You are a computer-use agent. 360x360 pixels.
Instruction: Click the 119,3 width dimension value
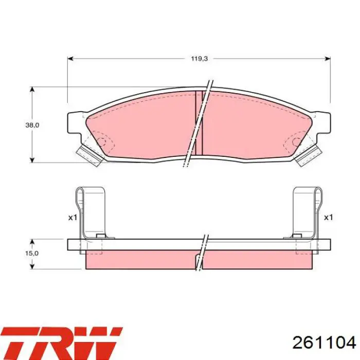pyautogui.click(x=200, y=59)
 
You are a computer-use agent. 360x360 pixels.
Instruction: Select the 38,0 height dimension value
pyautogui.click(x=32, y=125)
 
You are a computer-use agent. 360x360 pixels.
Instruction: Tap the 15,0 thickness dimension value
pyautogui.click(x=32, y=253)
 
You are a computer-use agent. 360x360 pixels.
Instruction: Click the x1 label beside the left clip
pyautogui.click(x=73, y=218)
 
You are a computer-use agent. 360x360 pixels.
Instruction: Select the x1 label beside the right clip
pyautogui.click(x=328, y=218)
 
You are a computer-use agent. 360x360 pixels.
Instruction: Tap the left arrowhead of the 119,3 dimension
pyautogui.click(x=70, y=59)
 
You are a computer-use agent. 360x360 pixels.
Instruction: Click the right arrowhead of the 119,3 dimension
pyautogui.click(x=328, y=59)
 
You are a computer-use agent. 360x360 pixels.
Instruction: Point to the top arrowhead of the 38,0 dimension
pyautogui.click(x=32, y=89)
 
